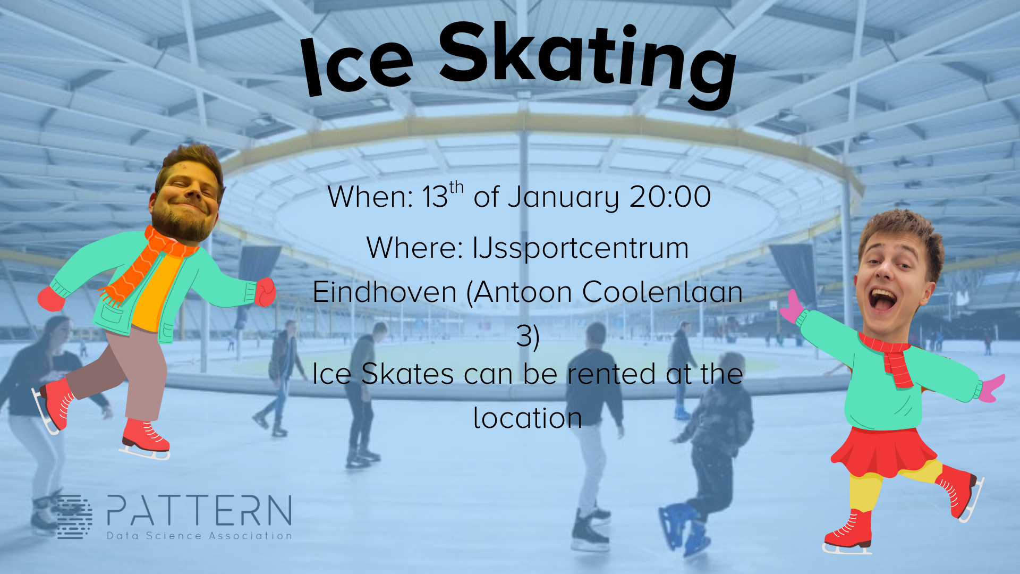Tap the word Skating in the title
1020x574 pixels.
(587, 61)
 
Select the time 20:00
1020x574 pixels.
(670, 197)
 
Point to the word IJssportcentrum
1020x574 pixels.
(580, 248)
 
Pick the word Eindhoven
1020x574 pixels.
(385, 292)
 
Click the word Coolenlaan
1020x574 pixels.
(662, 292)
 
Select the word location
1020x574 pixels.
(528, 418)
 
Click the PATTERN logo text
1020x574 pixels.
(199, 511)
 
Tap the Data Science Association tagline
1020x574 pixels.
(199, 536)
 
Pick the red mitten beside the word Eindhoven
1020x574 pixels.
(265, 292)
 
